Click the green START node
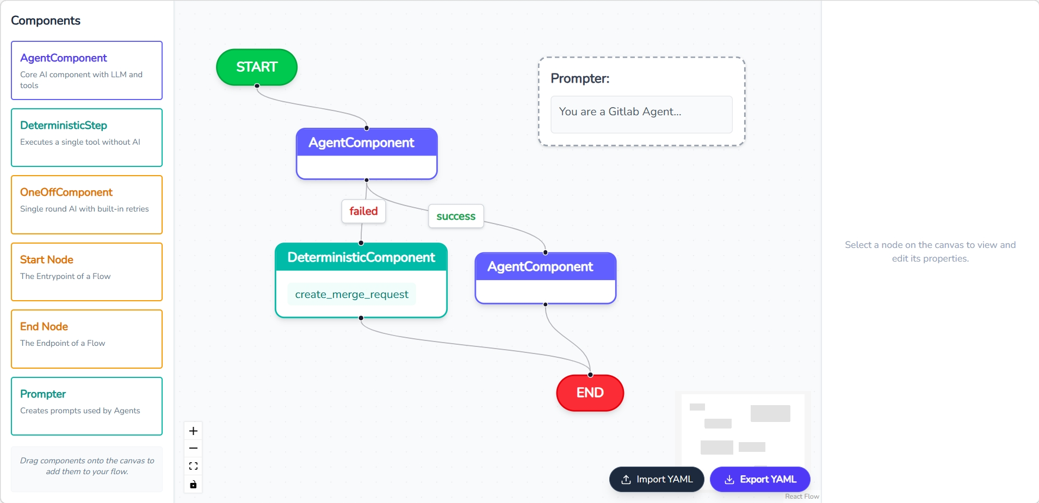pyautogui.click(x=257, y=67)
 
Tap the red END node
pyautogui.click(x=590, y=393)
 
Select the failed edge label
pyautogui.click(x=363, y=211)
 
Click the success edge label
pyautogui.click(x=456, y=216)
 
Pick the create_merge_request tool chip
pyautogui.click(x=352, y=294)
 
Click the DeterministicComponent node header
pyautogui.click(x=361, y=257)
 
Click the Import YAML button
pyautogui.click(x=657, y=479)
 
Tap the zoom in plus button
pyautogui.click(x=193, y=431)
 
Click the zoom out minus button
pyautogui.click(x=193, y=449)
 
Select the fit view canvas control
pyautogui.click(x=193, y=467)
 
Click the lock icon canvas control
pyautogui.click(x=193, y=485)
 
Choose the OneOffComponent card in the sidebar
pyautogui.click(x=87, y=205)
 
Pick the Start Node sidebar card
pyautogui.click(x=87, y=272)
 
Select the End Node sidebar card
pyautogui.click(x=87, y=339)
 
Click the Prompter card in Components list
pyautogui.click(x=87, y=406)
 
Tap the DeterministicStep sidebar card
pyautogui.click(x=87, y=138)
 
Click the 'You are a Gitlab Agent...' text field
pyautogui.click(x=641, y=115)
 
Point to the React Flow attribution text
pyautogui.click(x=802, y=496)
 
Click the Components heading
pyautogui.click(x=46, y=21)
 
